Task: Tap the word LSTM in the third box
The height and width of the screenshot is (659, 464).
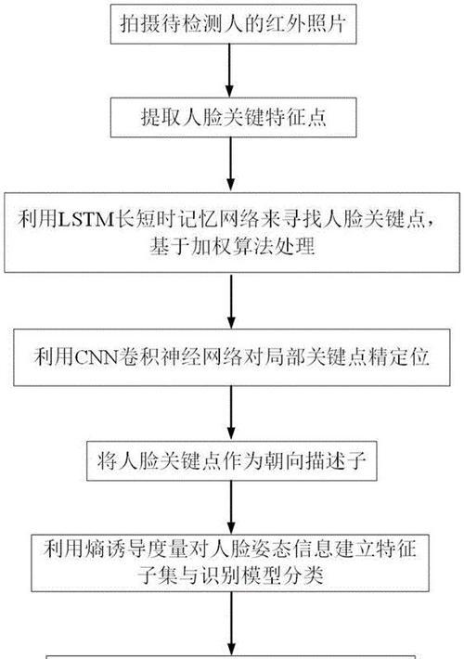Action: pos(85,219)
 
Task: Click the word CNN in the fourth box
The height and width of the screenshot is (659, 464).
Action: pos(97,357)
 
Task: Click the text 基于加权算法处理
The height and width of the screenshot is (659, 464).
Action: pos(232,246)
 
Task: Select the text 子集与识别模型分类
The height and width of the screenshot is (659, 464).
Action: pos(230,575)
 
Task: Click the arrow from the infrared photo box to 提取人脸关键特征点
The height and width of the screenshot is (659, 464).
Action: pos(229,71)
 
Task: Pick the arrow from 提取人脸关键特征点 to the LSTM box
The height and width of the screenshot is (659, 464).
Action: pos(230,165)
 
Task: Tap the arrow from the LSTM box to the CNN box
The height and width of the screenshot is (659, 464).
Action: pos(231,301)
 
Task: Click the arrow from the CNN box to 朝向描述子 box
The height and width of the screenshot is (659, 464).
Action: pos(231,414)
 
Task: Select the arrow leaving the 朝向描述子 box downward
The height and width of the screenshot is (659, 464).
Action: pos(231,508)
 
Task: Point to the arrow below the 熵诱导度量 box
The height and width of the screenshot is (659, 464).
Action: pos(231,624)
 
